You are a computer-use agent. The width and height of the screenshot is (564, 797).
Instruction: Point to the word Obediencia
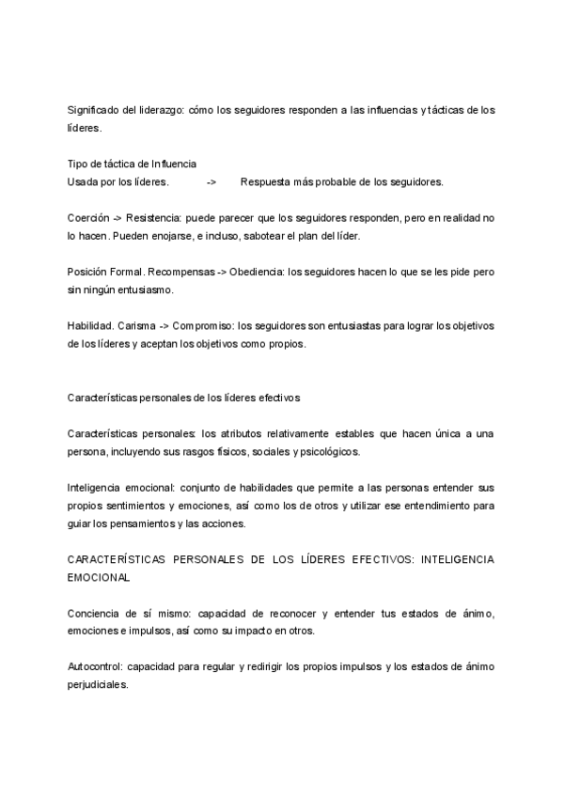coord(258,271)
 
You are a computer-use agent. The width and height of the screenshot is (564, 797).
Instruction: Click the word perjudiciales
coord(98,684)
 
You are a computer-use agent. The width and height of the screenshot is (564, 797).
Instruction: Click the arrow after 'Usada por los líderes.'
coord(211,181)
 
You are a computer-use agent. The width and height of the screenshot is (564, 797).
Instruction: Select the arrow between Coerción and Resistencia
coord(117,217)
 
